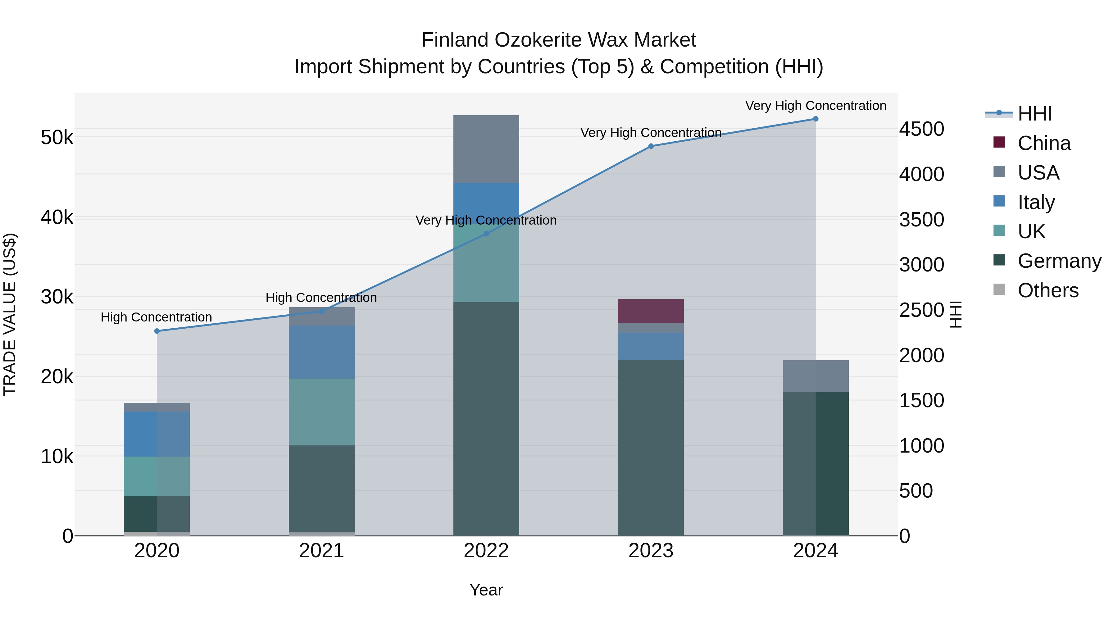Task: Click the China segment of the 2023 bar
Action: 651,311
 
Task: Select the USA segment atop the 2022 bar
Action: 486,149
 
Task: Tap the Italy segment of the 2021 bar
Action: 322,352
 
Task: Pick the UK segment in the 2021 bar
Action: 322,412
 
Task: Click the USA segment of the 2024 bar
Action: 816,376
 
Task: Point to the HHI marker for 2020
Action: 157,331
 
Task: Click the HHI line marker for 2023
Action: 651,146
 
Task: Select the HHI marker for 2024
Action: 816,119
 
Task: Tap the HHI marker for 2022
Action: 486,234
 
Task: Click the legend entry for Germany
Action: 1059,261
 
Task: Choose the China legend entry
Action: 1044,143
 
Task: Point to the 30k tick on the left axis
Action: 57,297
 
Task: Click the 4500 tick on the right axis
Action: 921,129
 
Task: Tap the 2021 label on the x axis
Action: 322,551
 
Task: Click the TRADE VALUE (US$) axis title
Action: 10,314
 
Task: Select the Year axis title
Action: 486,590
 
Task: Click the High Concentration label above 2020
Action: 156,317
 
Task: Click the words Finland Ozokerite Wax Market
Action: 559,40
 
